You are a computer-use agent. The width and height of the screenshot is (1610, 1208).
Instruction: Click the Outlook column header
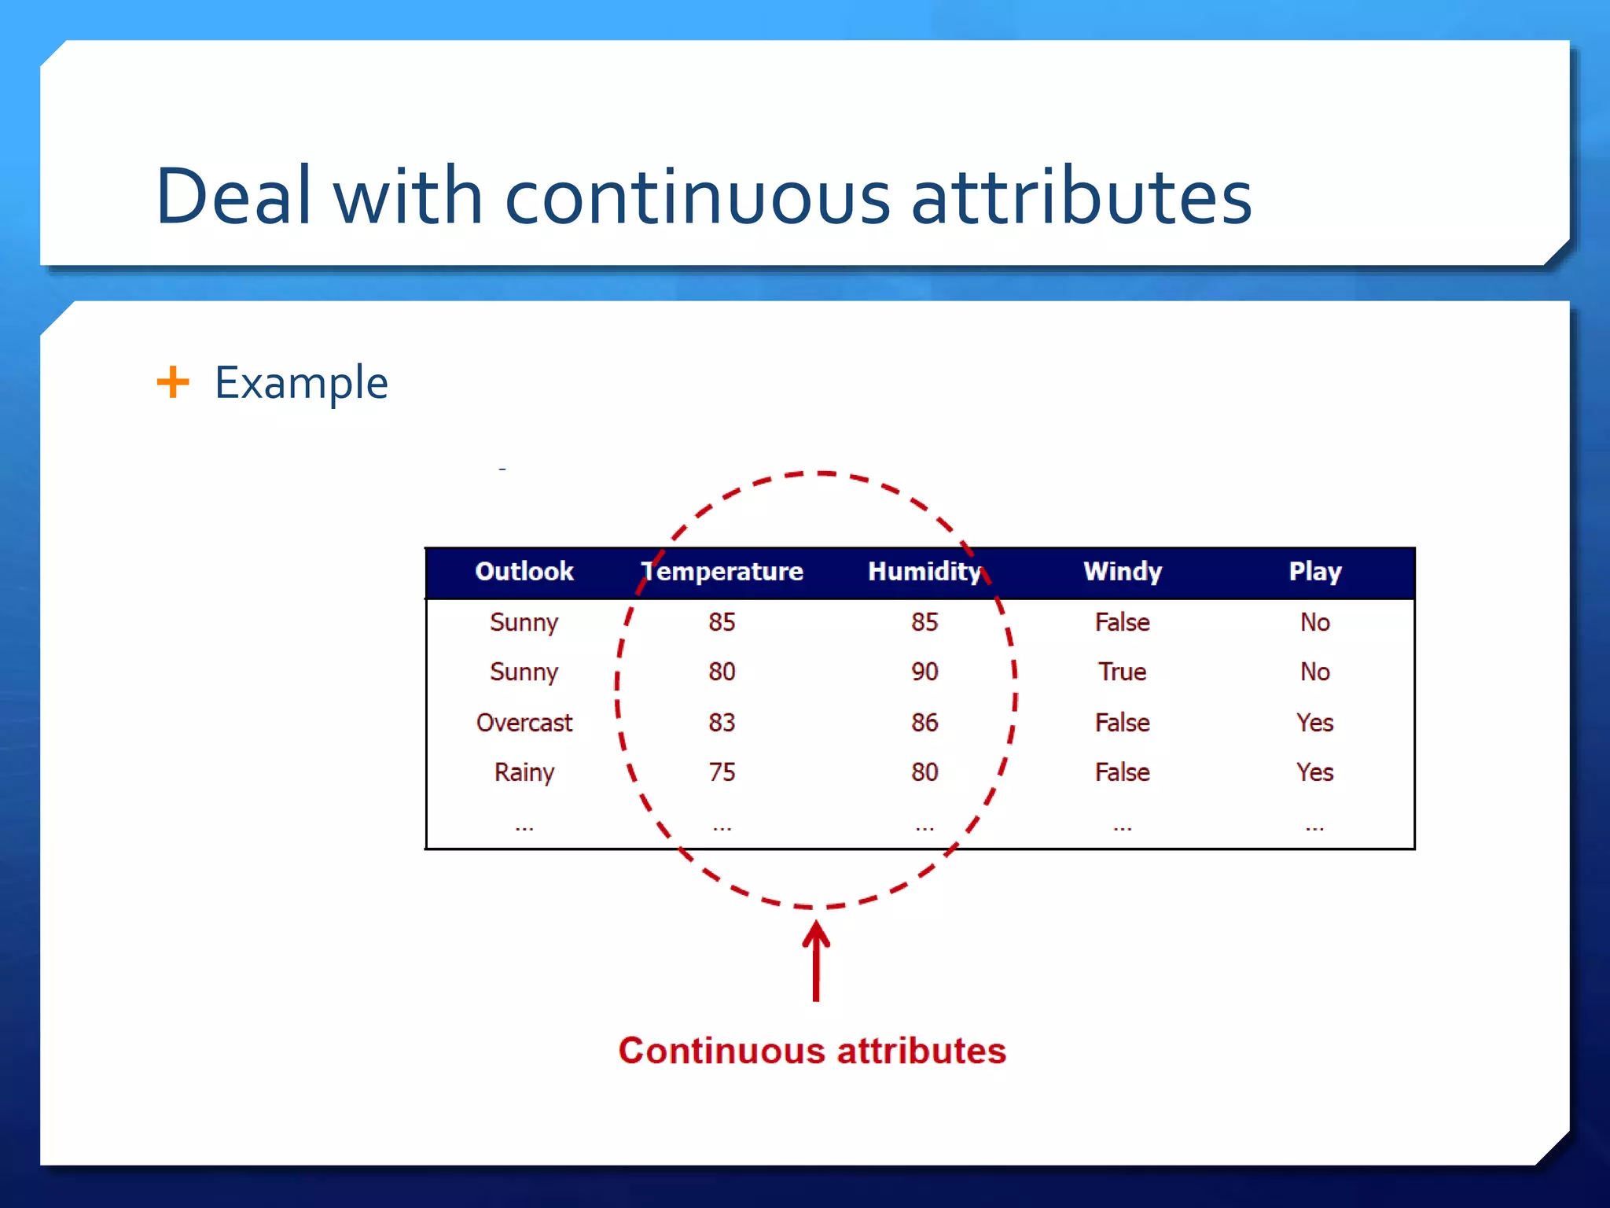(x=524, y=571)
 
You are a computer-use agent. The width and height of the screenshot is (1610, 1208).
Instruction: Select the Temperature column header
(x=722, y=571)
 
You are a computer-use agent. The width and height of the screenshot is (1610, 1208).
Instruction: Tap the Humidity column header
(x=924, y=571)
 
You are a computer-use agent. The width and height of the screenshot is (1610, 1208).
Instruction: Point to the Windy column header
(x=1122, y=571)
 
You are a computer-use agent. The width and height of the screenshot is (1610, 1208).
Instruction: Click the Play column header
(x=1314, y=571)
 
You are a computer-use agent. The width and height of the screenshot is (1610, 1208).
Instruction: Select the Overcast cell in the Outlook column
(x=524, y=722)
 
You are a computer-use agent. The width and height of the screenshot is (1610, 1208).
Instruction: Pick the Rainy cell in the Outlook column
(x=524, y=772)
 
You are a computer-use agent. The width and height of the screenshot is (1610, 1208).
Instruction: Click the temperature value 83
(x=722, y=722)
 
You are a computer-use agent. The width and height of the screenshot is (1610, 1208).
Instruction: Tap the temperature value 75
(x=722, y=772)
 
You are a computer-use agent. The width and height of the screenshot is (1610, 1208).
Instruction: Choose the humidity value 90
(x=924, y=672)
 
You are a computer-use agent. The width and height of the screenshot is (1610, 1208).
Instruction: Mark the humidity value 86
(x=924, y=722)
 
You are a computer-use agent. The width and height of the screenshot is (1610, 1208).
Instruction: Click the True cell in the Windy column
(x=1122, y=672)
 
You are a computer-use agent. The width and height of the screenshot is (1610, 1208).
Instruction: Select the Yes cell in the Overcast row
(x=1314, y=722)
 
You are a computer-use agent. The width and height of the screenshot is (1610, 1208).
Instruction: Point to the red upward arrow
(x=816, y=961)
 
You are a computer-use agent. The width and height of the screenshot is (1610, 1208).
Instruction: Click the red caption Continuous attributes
(x=812, y=1051)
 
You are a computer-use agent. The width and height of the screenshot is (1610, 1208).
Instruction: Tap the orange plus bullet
(x=173, y=382)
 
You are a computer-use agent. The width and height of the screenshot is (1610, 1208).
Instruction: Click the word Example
(x=301, y=383)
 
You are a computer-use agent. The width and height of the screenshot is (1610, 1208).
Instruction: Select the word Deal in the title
(x=233, y=196)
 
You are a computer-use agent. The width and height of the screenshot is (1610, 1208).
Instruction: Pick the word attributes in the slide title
(x=1081, y=196)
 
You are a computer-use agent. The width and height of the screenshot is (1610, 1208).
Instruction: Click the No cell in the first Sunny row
(x=1314, y=622)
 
